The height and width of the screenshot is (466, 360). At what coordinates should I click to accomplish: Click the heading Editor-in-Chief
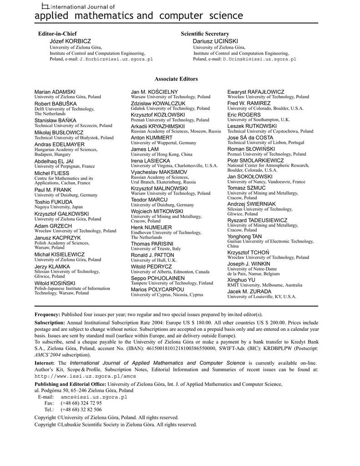[x=57, y=34]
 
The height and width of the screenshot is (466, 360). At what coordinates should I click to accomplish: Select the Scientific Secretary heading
[x=205, y=34]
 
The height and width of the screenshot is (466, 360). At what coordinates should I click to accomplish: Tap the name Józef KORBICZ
[x=70, y=41]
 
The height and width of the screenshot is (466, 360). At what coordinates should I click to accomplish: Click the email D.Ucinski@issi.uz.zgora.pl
[x=259, y=59]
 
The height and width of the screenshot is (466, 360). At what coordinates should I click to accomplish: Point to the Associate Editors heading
[x=176, y=79]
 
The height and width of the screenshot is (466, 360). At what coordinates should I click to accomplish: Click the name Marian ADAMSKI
[x=55, y=92]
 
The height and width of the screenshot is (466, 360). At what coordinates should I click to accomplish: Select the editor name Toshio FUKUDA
[x=53, y=202]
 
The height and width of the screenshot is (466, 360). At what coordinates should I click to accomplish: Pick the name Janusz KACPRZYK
[x=57, y=238]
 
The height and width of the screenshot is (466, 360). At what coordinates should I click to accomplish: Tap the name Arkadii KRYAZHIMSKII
[x=158, y=126]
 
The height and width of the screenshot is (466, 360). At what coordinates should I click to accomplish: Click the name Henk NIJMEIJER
[x=152, y=227]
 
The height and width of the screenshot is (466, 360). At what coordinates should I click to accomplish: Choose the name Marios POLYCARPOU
[x=157, y=289]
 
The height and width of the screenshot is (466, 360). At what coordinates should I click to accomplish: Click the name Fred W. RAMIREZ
[x=249, y=103]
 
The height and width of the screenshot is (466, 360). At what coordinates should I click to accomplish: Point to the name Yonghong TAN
[x=244, y=237]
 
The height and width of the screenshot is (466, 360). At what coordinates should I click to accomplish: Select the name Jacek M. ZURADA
[x=249, y=291]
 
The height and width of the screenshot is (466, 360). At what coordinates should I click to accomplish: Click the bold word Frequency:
[x=47, y=315]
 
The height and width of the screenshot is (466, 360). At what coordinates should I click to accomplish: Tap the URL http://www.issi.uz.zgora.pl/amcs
[x=86, y=376]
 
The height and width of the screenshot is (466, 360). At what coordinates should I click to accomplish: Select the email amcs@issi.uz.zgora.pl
[x=94, y=397]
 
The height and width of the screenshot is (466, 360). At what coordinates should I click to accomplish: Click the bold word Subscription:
[x=50, y=322]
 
